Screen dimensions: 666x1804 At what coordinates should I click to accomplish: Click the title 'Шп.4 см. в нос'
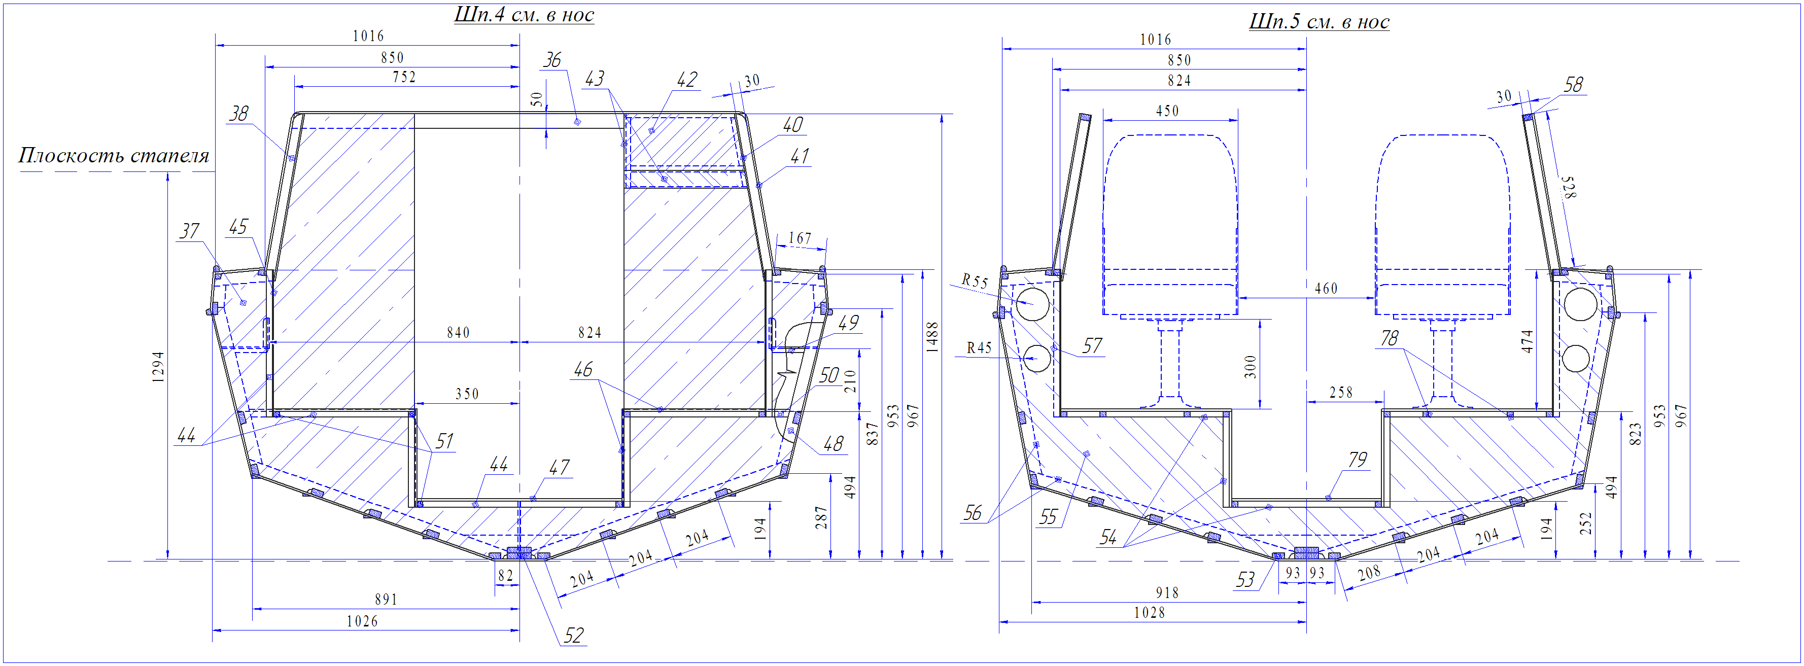point(524,15)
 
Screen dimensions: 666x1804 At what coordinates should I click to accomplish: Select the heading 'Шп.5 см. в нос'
point(1319,22)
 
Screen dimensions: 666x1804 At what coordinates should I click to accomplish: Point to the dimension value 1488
point(932,337)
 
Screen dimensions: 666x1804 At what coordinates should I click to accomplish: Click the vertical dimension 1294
point(158,367)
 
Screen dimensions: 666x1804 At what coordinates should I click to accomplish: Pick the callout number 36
point(552,60)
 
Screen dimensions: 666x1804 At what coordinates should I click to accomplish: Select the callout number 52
point(574,635)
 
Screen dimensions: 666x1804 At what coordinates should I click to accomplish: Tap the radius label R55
point(974,281)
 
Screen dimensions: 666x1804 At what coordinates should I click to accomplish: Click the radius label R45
point(979,348)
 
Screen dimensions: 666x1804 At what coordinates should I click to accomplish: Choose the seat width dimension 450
point(1167,111)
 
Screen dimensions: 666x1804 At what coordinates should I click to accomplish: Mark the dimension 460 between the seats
point(1326,289)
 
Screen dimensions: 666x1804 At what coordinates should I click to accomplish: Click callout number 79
point(1357,460)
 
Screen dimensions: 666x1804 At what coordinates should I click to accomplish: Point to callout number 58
point(1573,85)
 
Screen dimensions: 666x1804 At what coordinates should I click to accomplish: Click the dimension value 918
point(1167,592)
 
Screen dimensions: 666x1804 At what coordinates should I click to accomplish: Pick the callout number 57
point(1092,345)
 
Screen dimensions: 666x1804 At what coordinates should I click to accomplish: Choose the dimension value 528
point(1570,188)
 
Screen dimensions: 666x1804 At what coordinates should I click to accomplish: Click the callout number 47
point(559,467)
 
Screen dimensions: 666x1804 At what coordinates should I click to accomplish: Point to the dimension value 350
point(467,394)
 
